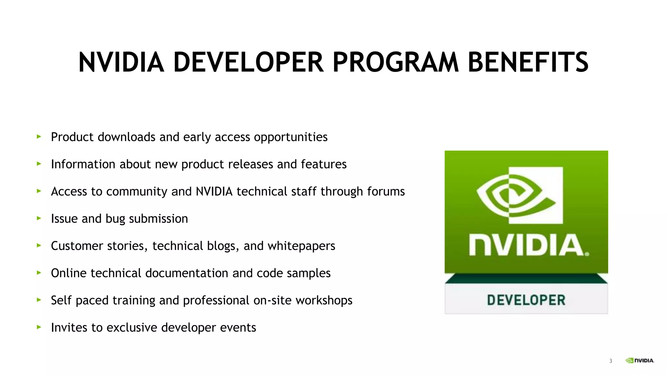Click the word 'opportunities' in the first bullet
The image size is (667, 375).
point(291,137)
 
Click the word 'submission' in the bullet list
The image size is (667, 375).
point(158,219)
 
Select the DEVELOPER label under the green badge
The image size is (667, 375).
point(526,300)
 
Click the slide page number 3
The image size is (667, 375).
point(611,361)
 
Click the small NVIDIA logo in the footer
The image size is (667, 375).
point(640,360)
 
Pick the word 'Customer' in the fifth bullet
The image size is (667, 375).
point(75,246)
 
